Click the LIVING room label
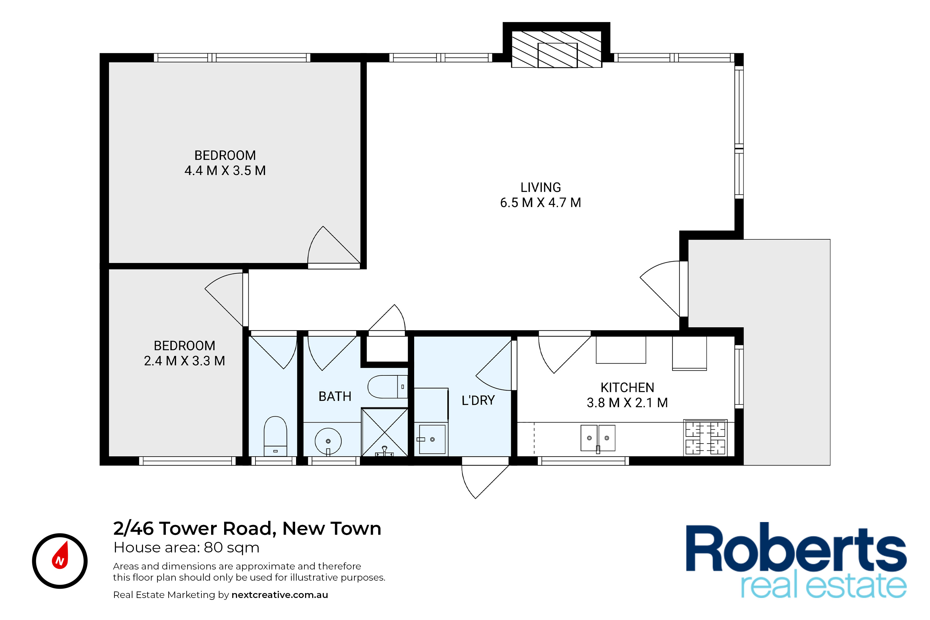point(541,187)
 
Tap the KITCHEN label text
point(627,387)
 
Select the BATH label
point(335,396)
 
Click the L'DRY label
point(478,400)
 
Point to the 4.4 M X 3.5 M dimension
point(225,170)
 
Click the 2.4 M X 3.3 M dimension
point(184,361)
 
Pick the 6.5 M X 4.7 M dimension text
point(541,202)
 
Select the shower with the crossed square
point(384,432)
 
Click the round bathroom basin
point(328,441)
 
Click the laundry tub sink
point(432,439)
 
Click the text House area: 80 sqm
point(186,548)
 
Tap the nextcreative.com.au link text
point(280,595)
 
